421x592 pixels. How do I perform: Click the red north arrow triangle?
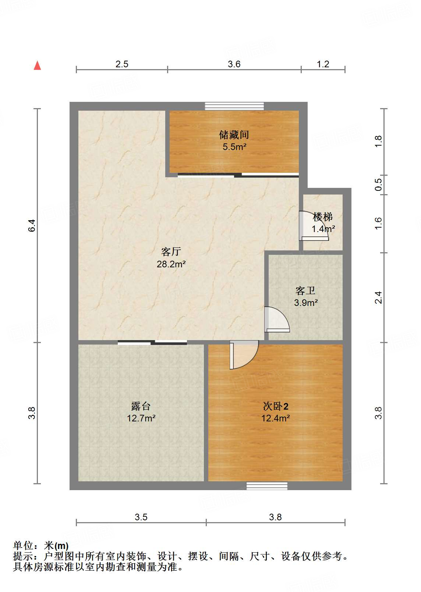(x=37, y=65)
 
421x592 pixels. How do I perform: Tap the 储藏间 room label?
(x=234, y=135)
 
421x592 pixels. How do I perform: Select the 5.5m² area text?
(x=234, y=147)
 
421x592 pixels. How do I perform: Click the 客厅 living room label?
(x=171, y=252)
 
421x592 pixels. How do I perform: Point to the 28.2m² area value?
(x=171, y=264)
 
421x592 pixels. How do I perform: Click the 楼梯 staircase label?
(x=323, y=217)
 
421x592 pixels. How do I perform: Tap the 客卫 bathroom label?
(x=305, y=291)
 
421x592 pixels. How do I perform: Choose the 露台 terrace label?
(x=141, y=406)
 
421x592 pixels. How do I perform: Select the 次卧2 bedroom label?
(x=276, y=406)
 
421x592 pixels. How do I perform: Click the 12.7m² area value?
(x=141, y=418)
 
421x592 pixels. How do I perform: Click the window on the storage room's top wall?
(x=234, y=106)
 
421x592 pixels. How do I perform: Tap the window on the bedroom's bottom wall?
(x=267, y=486)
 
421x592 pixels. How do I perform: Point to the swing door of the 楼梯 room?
(x=313, y=226)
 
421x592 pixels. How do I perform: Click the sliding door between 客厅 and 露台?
(x=152, y=343)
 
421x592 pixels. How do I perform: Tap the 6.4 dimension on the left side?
(x=32, y=225)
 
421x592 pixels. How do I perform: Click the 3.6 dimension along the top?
(x=234, y=64)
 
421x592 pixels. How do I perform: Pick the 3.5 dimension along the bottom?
(x=141, y=517)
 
